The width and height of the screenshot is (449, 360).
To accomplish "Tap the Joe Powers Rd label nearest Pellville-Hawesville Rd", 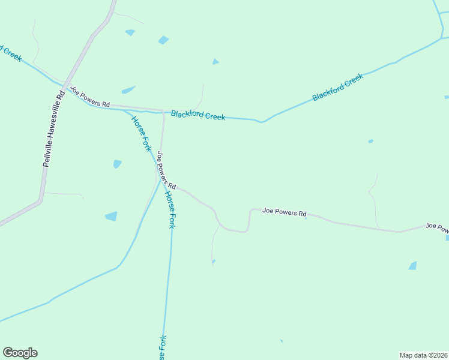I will point(91,97).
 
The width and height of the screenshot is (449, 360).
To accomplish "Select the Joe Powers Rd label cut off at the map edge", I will point(437,227).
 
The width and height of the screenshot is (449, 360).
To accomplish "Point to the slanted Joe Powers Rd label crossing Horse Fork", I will point(165,170).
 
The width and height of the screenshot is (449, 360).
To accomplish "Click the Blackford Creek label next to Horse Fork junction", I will point(198,115).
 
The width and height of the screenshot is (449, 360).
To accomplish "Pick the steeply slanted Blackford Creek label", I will point(338,88).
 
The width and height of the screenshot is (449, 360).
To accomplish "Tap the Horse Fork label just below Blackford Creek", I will point(140,133).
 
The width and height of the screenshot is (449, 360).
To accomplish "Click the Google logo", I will point(20,353).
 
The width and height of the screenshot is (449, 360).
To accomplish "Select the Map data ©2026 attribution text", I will point(423,355).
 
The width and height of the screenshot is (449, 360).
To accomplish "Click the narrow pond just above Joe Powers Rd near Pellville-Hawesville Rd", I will point(128,91).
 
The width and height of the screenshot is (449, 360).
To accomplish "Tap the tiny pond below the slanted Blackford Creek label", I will point(370,142).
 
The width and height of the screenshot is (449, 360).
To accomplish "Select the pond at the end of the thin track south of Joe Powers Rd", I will point(213,261).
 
